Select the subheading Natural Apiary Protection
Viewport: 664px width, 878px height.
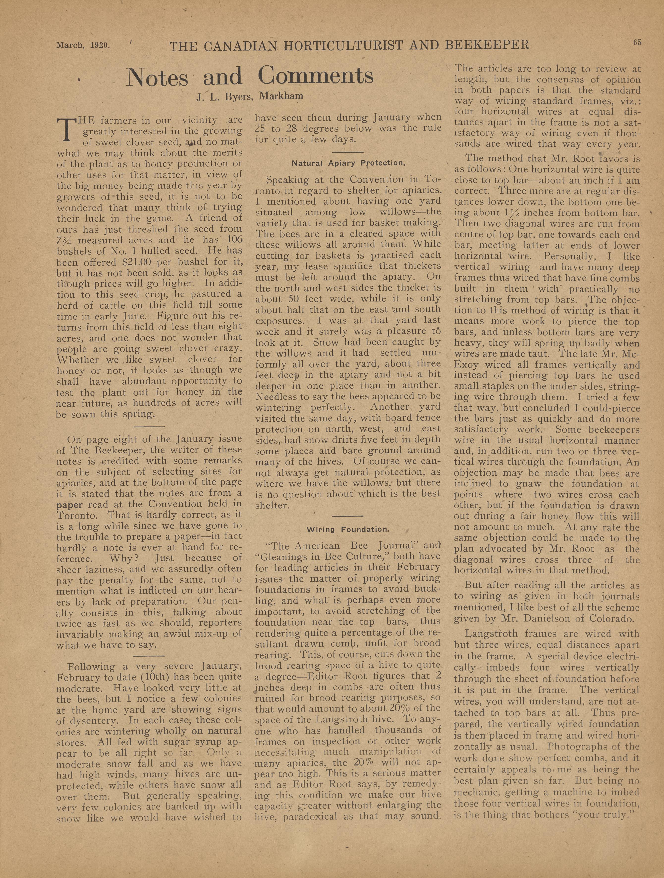point(348,163)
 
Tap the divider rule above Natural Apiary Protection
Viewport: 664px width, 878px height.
point(348,152)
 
